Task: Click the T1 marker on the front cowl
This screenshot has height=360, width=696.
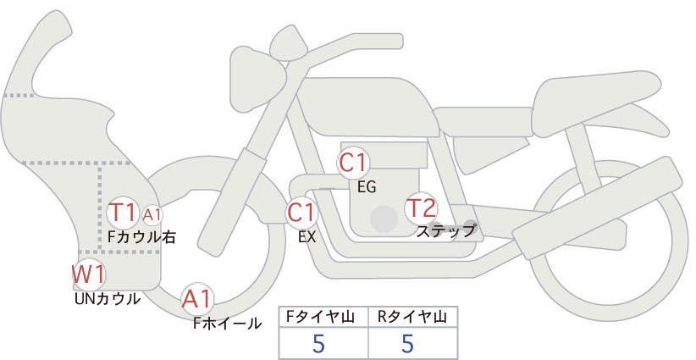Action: (122, 213)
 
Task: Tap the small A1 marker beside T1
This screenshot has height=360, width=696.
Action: (152, 215)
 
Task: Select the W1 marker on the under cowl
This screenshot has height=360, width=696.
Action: (89, 274)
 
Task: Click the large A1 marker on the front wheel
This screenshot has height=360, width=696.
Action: (197, 299)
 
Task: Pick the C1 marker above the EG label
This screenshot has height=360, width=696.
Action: (353, 163)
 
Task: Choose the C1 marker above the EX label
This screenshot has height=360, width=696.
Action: (301, 213)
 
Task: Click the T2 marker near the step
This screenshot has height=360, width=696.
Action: (421, 208)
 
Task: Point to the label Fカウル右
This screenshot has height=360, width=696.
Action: (141, 237)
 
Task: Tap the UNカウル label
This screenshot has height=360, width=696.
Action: (108, 299)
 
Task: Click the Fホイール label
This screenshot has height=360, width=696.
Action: (227, 324)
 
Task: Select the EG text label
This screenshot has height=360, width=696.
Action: (367, 187)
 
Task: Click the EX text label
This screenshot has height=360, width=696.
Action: (307, 237)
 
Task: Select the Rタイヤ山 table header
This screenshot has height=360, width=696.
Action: (412, 317)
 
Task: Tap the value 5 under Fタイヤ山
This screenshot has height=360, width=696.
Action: (318, 343)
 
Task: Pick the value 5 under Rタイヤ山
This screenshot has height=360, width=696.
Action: (407, 343)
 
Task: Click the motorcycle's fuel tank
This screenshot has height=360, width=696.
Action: (366, 107)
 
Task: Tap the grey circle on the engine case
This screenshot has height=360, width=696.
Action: (384, 219)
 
